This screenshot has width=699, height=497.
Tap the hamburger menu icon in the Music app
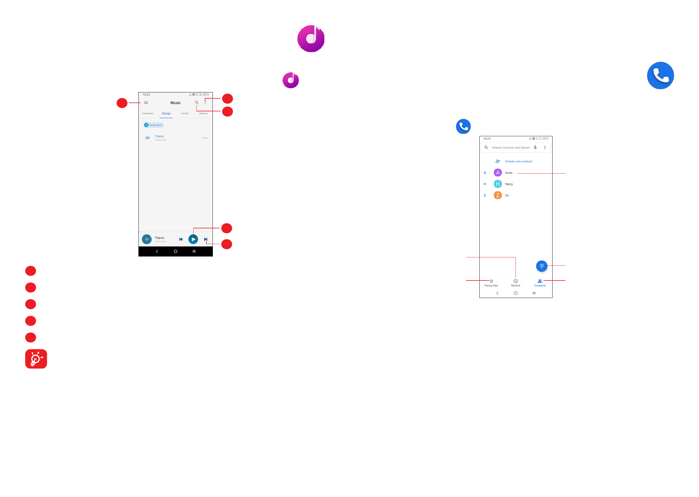point(146,103)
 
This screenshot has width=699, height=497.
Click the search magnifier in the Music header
point(197,103)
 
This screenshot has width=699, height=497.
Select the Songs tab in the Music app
point(166,113)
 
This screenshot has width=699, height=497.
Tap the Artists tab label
point(185,113)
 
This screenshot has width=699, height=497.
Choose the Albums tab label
point(203,113)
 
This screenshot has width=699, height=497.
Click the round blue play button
point(193,239)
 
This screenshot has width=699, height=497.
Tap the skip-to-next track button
point(205,239)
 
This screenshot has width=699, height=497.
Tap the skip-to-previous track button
point(181,239)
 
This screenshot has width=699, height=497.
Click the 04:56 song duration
point(205,138)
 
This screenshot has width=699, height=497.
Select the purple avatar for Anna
point(497,173)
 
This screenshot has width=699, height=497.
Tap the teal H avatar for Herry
point(497,184)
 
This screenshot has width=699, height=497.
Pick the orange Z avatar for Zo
point(497,195)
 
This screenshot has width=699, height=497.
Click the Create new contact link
point(518,161)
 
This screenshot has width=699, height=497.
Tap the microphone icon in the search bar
point(535,148)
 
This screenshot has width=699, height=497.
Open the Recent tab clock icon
point(515,281)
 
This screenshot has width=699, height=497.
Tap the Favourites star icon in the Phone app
point(491,281)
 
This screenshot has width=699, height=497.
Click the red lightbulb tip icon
point(36,359)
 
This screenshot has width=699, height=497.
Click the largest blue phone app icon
point(660,76)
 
